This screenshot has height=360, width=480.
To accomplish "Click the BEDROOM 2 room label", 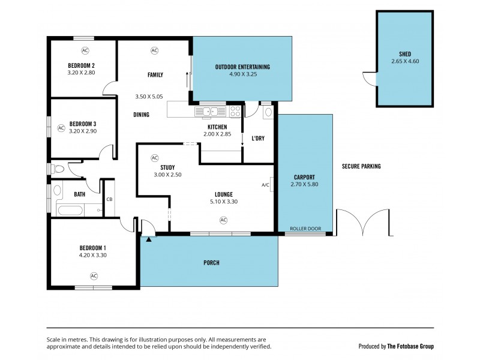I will pyautogui.click(x=82, y=65).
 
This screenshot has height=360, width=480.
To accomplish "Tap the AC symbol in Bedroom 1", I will pyautogui.click(x=94, y=276).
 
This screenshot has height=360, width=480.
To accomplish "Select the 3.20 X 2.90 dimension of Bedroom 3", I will pyautogui.click(x=82, y=131).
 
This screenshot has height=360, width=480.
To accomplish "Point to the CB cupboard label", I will pyautogui.click(x=109, y=199).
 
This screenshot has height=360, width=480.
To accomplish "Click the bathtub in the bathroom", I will pyautogui.click(x=71, y=209).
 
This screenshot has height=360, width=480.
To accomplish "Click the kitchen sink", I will pyautogui.click(x=210, y=111).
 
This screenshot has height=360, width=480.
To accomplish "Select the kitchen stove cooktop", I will pyautogui.click(x=235, y=111).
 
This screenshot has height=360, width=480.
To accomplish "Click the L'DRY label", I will pyautogui.click(x=258, y=139).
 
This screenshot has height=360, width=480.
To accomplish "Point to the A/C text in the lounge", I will pyautogui.click(x=265, y=185).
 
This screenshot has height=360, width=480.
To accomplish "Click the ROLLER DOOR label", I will pyautogui.click(x=305, y=229).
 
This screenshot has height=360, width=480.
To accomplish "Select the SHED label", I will pyautogui.click(x=404, y=53).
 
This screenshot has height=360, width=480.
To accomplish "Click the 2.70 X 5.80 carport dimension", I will pyautogui.click(x=305, y=184).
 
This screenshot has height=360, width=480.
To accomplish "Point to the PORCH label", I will pyautogui.click(x=211, y=263).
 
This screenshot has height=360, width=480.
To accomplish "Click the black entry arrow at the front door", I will pyautogui.click(x=148, y=239).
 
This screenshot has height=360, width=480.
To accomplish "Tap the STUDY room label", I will pyautogui.click(x=167, y=167).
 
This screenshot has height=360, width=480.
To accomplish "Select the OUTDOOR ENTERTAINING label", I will pyautogui.click(x=242, y=67).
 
